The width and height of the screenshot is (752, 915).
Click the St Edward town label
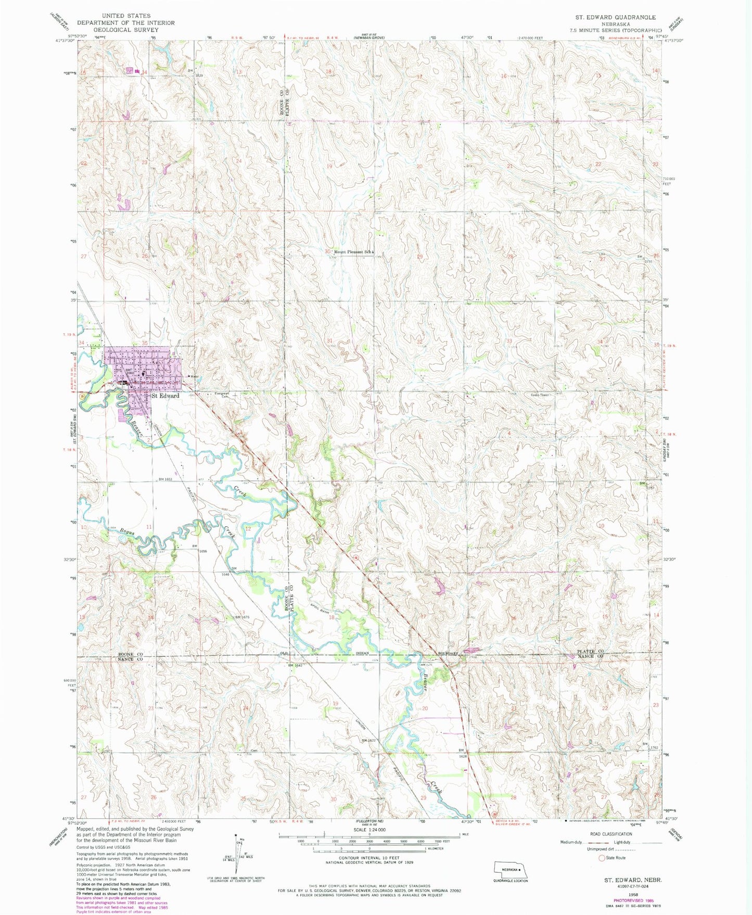tap(165, 396)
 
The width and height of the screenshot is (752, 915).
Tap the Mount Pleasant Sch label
tap(353, 252)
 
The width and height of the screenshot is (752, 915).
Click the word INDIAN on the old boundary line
tap(363, 653)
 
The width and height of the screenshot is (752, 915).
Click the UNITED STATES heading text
tap(126, 16)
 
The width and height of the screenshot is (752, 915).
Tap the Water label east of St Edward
tap(194, 376)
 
